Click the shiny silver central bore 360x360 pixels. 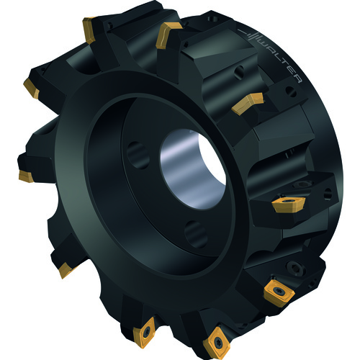coord(193,168)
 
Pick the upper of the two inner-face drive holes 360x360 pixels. coord(138,155)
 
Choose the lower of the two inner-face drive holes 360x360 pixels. coord(196,234)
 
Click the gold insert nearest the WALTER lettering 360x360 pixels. coord(248,104)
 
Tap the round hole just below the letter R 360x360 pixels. coord(291,91)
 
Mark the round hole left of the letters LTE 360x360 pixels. coord(239,72)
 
